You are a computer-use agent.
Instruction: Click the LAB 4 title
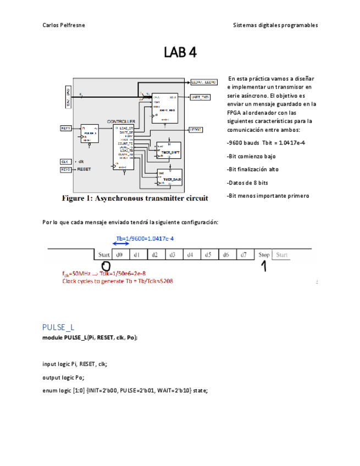[x=180, y=53]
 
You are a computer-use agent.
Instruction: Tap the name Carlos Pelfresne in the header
[x=63, y=25]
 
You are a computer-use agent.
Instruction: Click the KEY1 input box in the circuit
[x=65, y=128]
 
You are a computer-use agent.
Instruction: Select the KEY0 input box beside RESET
[x=65, y=170]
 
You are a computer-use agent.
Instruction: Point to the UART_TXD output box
[x=200, y=97]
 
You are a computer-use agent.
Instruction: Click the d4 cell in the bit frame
[x=190, y=255]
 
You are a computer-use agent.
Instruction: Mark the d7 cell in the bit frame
[x=242, y=255]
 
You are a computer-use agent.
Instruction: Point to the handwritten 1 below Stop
[x=263, y=267]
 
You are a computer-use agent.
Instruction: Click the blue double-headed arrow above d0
[x=120, y=245]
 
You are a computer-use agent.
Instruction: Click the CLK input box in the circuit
[x=65, y=162]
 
